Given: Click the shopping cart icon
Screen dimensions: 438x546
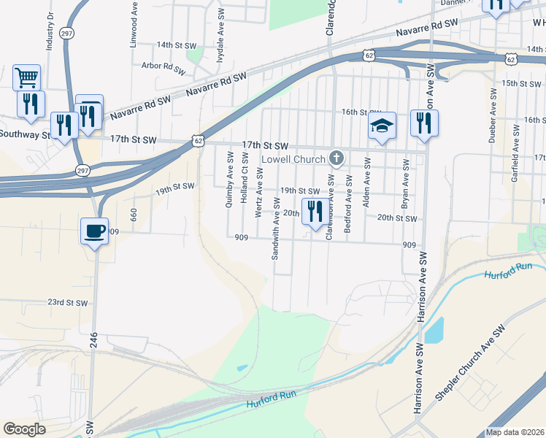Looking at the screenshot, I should click(26, 76).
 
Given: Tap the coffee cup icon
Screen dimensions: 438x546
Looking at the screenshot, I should click(94, 231).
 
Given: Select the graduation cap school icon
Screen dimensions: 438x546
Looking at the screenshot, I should click(382, 126).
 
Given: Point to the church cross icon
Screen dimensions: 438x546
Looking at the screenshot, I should click(337, 157).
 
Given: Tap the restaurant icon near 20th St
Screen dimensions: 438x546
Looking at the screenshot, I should click(315, 211).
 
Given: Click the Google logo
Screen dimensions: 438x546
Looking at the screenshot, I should click(25, 429).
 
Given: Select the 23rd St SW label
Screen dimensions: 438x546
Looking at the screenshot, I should click(67, 302).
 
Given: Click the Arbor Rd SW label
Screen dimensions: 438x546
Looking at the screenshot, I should click(161, 66).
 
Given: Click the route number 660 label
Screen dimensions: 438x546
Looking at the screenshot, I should click(134, 215).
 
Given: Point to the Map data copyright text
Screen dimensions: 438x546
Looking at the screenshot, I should click(515, 432).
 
